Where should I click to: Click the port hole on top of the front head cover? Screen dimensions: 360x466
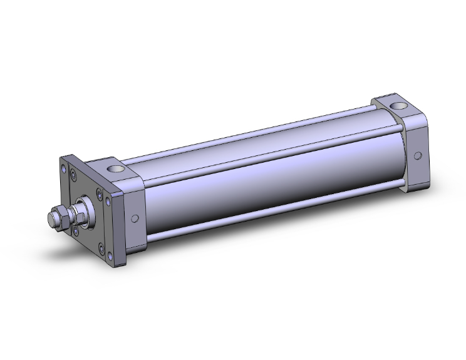(x=116, y=168)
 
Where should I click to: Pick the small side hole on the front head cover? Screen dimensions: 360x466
(x=135, y=219)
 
